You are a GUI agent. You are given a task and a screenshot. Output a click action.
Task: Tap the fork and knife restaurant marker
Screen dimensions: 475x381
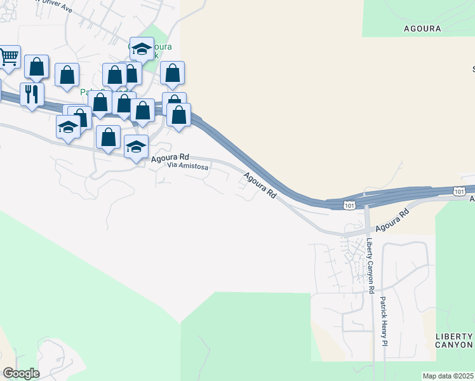pos(31,95)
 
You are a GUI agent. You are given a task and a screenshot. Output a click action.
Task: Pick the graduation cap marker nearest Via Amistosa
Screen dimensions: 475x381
pos(135,147)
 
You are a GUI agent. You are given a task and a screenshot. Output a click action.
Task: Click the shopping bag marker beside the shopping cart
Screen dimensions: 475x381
pos(37,67)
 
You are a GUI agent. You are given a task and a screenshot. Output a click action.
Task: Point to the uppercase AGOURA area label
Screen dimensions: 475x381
pos(422,29)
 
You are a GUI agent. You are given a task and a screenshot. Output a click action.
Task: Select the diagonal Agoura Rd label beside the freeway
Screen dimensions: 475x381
pos(261,184)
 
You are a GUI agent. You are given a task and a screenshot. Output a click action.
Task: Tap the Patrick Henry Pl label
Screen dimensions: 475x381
pos(384,321)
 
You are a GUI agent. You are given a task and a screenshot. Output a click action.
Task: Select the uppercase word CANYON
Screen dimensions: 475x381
pos(454,345)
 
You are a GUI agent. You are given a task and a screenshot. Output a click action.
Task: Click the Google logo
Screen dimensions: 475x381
pos(20,373)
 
